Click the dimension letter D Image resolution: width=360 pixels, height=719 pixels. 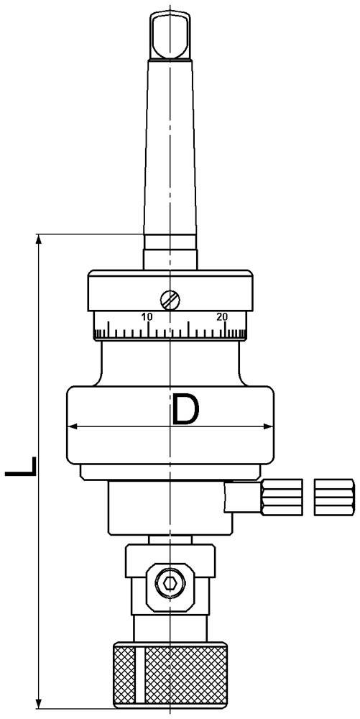pyautogui.click(x=185, y=411)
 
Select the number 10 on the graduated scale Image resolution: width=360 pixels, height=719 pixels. pyautogui.click(x=147, y=316)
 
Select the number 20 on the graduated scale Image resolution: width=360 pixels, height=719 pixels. pyautogui.click(x=222, y=316)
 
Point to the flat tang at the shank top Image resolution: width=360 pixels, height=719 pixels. pyautogui.click(x=170, y=36)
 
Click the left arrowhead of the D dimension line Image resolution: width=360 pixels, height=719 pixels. pyautogui.click(x=73, y=427)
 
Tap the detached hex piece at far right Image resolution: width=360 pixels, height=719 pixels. pyautogui.click(x=334, y=497)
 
